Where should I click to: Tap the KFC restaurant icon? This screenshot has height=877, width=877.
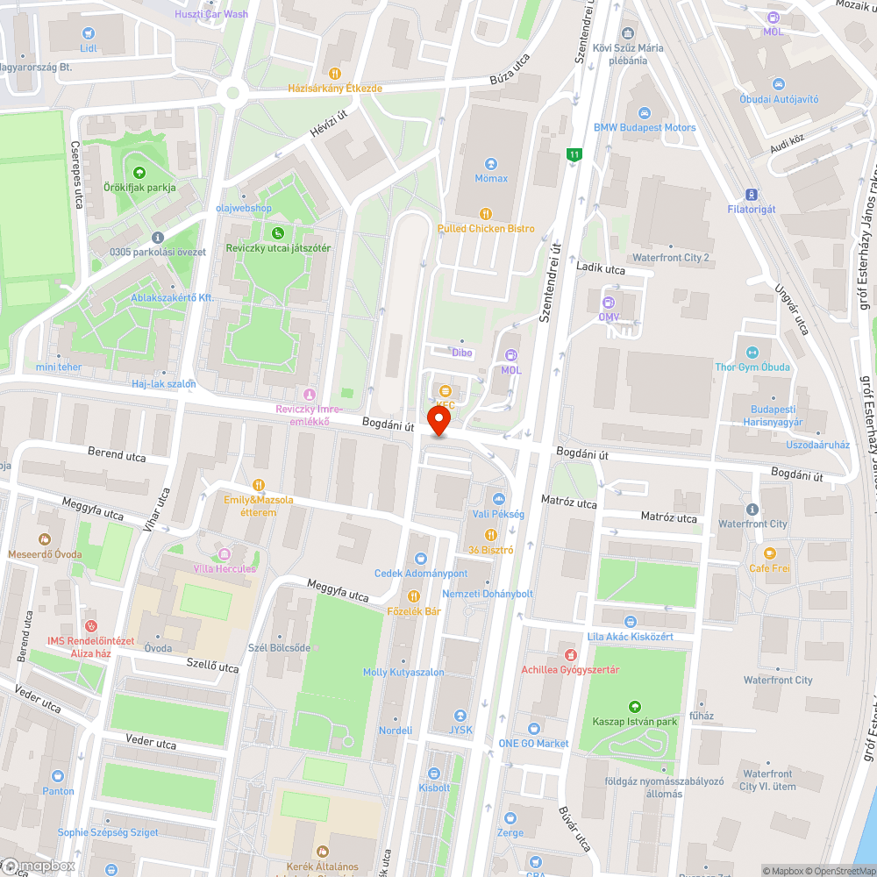pyautogui.click(x=446, y=390)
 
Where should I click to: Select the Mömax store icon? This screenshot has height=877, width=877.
pyautogui.click(x=491, y=164)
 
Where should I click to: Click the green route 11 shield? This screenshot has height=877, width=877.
pyautogui.click(x=574, y=155)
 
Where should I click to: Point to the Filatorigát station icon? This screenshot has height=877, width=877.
pyautogui.click(x=751, y=194)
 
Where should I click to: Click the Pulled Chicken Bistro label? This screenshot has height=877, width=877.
pyautogui.click(x=486, y=228)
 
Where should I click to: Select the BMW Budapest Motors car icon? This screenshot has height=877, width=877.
pyautogui.click(x=645, y=113)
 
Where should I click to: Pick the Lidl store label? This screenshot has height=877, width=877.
pyautogui.click(x=88, y=48)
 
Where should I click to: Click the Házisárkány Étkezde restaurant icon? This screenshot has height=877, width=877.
pyautogui.click(x=334, y=74)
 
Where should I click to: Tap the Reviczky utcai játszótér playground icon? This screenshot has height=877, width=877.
pyautogui.click(x=278, y=233)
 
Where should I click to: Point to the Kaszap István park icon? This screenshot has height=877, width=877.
pyautogui.click(x=634, y=707)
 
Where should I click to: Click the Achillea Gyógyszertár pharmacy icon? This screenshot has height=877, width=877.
pyautogui.click(x=570, y=655)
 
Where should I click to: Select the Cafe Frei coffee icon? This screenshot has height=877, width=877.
pyautogui.click(x=769, y=553)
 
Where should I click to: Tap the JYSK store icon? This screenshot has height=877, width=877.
pyautogui.click(x=460, y=716)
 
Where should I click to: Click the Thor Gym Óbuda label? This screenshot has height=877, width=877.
pyautogui.click(x=752, y=367)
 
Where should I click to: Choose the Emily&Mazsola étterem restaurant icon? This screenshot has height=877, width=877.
pyautogui.click(x=258, y=485)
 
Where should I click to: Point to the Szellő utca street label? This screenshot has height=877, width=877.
pyautogui.click(x=212, y=667)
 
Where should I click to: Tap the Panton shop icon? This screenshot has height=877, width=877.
pyautogui.click(x=58, y=776)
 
